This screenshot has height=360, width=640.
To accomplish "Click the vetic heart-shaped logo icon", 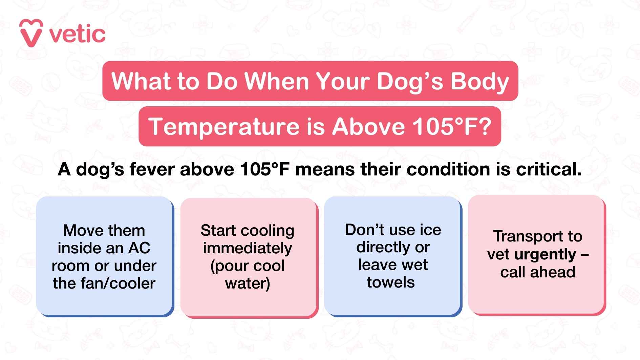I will click(x=31, y=33).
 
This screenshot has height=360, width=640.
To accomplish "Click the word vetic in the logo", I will click(x=77, y=34).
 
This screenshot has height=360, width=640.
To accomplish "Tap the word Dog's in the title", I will click(x=410, y=82).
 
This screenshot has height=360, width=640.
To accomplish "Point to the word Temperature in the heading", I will click(x=224, y=127).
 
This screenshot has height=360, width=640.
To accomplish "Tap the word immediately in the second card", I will click(x=248, y=248).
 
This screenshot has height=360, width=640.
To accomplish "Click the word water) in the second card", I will click(x=248, y=283).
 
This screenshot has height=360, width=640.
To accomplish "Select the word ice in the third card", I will click(x=430, y=230).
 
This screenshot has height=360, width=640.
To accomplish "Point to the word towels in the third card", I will click(x=391, y=282).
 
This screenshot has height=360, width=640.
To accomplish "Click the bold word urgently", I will click(x=545, y=254).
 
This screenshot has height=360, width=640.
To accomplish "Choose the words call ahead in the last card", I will click(x=538, y=272).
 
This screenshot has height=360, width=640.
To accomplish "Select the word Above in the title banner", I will click(x=368, y=127).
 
